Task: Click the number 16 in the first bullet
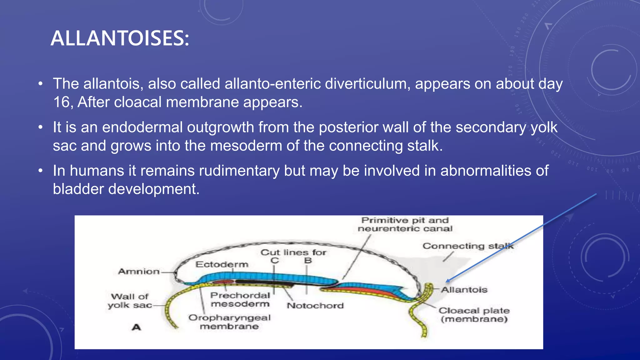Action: coord(61,102)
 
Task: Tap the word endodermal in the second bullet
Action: coord(142,127)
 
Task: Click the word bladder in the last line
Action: coord(78,189)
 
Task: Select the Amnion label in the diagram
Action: coord(139,271)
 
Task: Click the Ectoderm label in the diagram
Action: coord(222,264)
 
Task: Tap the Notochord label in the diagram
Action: coord(315,305)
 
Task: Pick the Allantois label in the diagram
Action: coord(464,290)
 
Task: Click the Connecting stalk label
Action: coord(468,246)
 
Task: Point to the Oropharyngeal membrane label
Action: coord(229,322)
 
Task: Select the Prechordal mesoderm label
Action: coord(240,299)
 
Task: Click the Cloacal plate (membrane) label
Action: coord(474,315)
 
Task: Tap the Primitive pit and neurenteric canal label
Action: coord(405,224)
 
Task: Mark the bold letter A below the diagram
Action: coord(136,327)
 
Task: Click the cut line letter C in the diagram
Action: coord(274,260)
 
